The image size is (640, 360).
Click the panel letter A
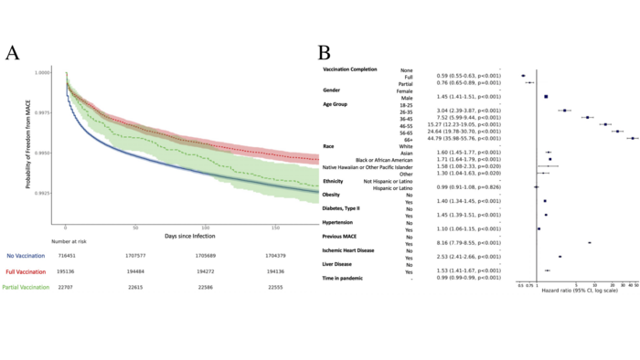pos(13,53)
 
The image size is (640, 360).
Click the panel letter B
pos(325,53)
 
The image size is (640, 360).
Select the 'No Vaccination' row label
pos(26,254)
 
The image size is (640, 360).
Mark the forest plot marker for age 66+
pos(631,139)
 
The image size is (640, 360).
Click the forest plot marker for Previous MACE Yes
pos(590,243)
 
